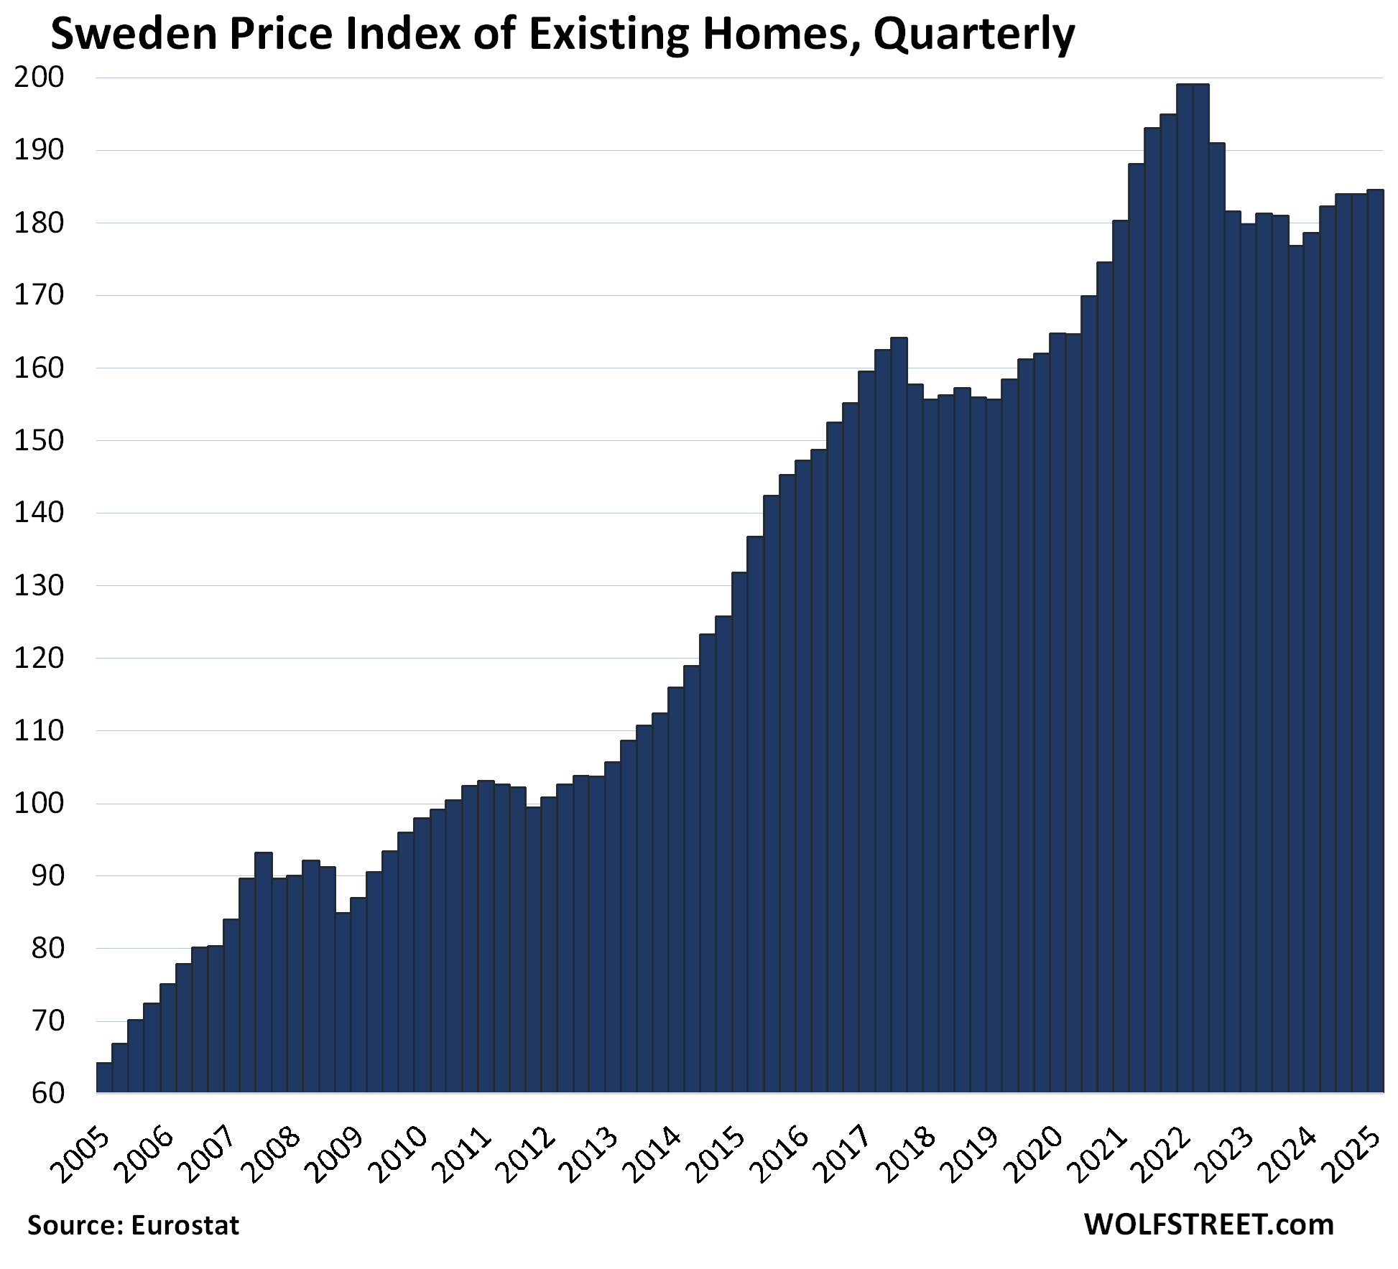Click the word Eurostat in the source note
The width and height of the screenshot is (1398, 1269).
click(185, 1225)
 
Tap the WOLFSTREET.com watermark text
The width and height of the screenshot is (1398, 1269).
click(1208, 1224)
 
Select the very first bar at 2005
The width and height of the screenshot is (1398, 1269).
click(104, 1077)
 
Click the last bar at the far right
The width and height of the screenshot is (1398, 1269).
click(1375, 646)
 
